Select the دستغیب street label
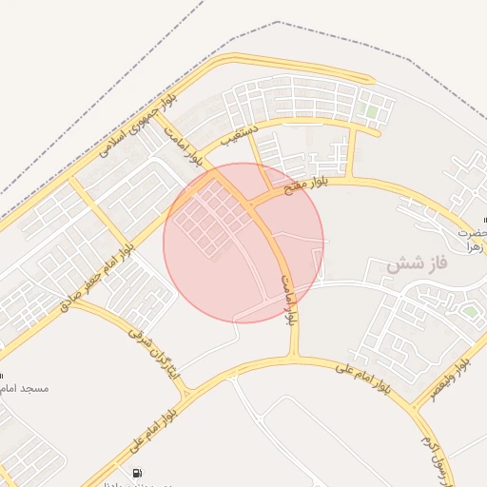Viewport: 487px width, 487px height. [x=240, y=135]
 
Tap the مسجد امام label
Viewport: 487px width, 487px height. [x=24, y=389]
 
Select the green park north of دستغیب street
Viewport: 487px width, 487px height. [x=372, y=112]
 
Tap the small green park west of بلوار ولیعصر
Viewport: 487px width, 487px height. [x=470, y=311]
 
